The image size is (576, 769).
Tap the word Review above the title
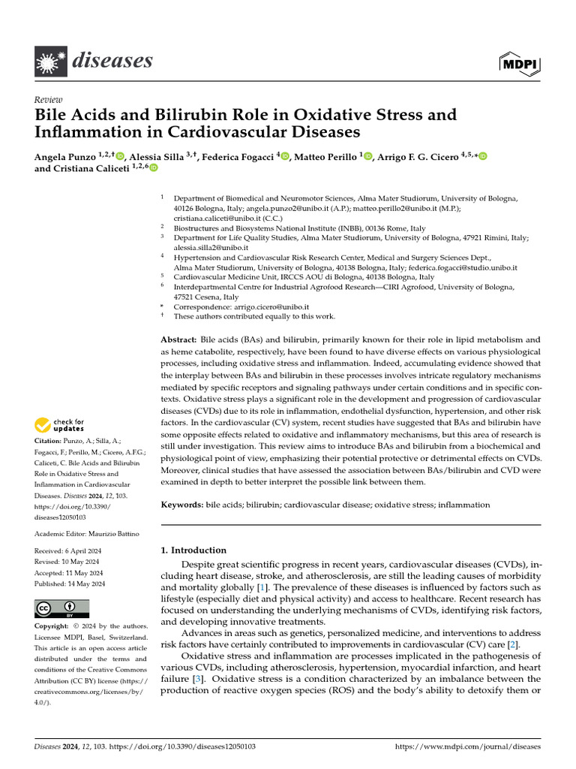click(49, 101)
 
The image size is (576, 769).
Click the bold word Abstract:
click(178, 340)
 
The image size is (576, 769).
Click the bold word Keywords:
click(181, 505)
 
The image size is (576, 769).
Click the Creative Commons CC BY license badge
click(61, 608)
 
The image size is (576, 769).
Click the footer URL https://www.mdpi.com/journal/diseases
click(466, 747)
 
